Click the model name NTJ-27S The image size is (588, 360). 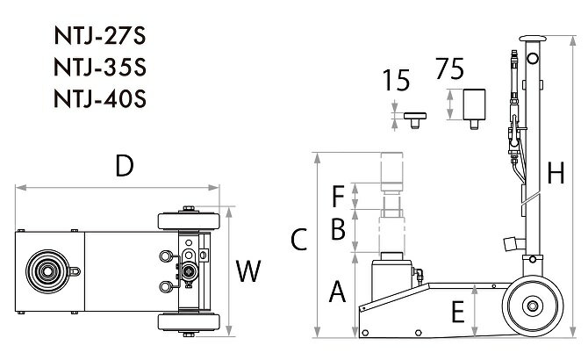(x=100, y=36)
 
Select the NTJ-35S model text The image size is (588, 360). (x=100, y=68)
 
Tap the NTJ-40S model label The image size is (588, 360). (x=100, y=99)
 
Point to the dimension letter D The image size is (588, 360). (x=125, y=166)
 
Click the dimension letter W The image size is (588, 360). (x=247, y=271)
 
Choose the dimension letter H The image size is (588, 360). (x=556, y=173)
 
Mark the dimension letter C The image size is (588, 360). (x=299, y=240)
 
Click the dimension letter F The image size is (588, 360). (x=338, y=196)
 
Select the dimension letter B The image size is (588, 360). (x=338, y=229)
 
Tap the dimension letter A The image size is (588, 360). (x=337, y=292)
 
